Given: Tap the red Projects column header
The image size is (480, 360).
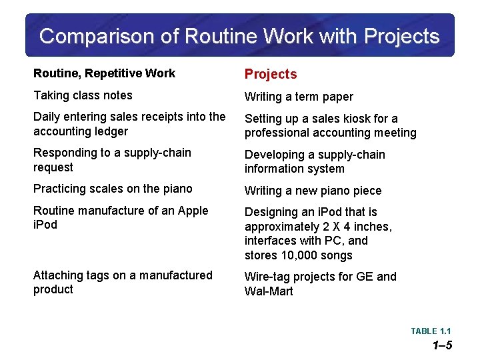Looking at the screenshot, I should tap(271, 74).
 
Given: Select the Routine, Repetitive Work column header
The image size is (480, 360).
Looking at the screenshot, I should tap(104, 73).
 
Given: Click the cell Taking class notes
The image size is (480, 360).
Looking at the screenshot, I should tap(83, 95).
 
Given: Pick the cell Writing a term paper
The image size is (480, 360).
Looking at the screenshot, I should tap(299, 97).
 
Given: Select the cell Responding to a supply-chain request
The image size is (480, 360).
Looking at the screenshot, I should tap(112, 160).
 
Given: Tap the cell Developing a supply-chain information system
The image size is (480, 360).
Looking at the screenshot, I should tap(315, 161).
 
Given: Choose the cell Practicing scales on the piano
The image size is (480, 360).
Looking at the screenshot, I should tap(113, 189).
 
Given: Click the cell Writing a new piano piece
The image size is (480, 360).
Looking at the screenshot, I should tap(313, 191).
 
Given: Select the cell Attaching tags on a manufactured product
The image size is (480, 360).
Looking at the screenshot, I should tap(123, 282).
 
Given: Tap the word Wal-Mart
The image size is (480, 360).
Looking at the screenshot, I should tap(269, 291).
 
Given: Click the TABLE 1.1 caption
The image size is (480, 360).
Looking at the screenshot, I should tap(431, 331).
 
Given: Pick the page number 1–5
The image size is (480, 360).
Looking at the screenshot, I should tap(442, 345).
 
